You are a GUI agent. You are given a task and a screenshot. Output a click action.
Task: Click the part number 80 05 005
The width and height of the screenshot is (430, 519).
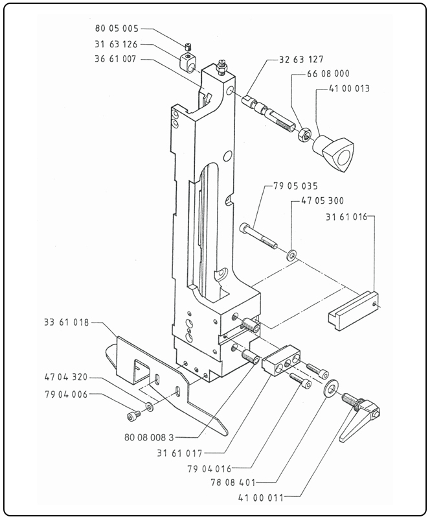coord(117,29)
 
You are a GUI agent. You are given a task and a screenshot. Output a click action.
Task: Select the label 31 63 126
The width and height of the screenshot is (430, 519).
coord(116,44)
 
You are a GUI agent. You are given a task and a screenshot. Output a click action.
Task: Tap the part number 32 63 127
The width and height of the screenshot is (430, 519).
coord(301,60)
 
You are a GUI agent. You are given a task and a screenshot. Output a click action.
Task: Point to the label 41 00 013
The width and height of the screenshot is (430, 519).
coord(349,89)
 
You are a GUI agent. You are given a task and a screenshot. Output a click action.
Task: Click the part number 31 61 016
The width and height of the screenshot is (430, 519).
coord(346,217)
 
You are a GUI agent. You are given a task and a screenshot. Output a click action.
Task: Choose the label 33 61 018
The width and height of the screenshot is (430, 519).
coord(67,322)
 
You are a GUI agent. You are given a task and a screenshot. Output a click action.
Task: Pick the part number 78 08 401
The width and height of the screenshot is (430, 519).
coord(233,483)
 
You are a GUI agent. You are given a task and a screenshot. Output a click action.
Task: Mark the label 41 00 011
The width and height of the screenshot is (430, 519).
coord(260,498)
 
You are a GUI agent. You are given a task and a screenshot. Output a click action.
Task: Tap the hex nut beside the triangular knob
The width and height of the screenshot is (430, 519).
coord(304,134)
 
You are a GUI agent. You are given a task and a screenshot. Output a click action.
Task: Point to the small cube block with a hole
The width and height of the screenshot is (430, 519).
coord(189,62)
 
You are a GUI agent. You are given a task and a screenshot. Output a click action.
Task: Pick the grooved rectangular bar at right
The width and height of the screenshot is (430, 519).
coord(352,310)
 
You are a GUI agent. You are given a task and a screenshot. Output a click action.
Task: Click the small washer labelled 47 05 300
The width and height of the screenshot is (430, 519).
coord(291,255)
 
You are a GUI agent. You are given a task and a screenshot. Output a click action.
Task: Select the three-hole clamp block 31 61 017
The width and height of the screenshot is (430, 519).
coord(281,360)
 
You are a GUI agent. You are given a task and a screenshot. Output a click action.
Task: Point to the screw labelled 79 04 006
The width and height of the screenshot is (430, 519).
coord(133,416)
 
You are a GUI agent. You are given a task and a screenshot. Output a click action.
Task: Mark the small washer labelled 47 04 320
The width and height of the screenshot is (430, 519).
coord(150,407)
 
